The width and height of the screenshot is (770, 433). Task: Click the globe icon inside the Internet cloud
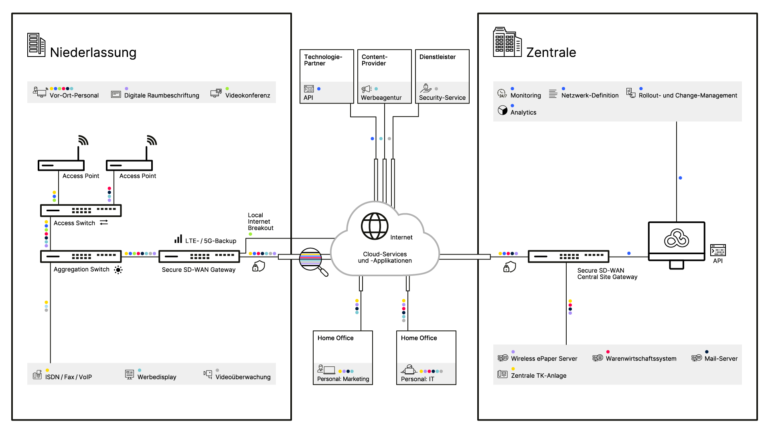375,226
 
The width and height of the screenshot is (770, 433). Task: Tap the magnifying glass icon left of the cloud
313,261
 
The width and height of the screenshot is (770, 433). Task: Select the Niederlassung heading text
93,53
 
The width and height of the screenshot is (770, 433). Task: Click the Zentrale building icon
507,42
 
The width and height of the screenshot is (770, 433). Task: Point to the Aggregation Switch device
81,256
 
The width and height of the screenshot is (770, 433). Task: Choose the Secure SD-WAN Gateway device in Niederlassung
199,256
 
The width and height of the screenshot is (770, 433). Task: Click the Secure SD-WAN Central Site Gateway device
568,256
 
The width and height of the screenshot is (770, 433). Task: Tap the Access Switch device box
81,210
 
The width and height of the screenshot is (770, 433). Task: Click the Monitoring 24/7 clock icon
502,93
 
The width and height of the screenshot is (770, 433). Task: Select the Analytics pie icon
503,111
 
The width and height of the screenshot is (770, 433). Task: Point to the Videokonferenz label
247,95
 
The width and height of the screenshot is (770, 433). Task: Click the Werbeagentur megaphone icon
366,89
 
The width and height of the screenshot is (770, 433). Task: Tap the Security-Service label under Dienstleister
442,98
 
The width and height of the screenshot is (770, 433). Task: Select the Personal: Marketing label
343,379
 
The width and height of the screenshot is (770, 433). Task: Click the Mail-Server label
721,359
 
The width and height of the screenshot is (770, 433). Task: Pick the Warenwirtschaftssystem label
641,359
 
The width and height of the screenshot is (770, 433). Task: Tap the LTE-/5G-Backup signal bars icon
178,239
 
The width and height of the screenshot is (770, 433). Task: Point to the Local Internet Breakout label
260,222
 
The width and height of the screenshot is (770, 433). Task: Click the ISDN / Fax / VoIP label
68,377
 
